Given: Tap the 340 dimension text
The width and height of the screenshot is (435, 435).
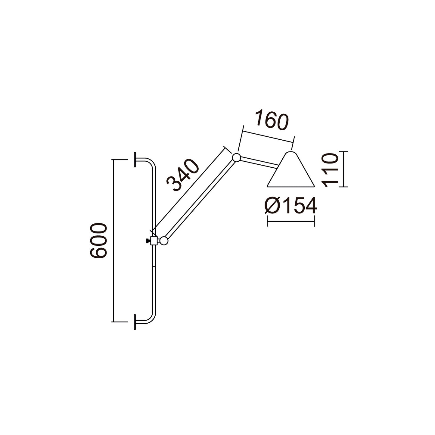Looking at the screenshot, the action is (183, 175).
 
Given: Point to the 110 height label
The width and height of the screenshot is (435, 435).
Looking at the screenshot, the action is (330, 170).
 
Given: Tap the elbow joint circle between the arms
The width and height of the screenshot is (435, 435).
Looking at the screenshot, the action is (236, 157).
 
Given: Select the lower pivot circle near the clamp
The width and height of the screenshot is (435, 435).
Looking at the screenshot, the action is (164, 241).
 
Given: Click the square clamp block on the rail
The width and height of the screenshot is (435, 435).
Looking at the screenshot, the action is (154, 241).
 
